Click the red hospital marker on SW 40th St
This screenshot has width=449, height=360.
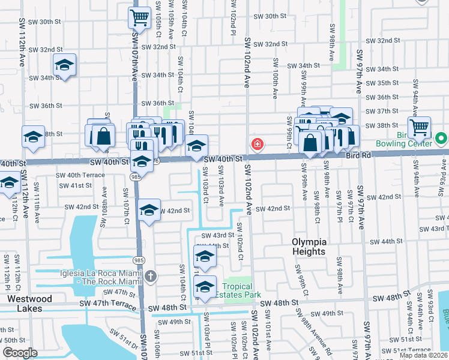[257, 144]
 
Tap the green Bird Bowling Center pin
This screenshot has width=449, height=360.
[442, 139]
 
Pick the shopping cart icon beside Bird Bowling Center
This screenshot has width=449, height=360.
[419, 127]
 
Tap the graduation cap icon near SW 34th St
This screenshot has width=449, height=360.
[64, 65]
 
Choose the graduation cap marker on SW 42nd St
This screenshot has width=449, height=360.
[149, 210]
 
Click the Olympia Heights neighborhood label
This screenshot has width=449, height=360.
[309, 247]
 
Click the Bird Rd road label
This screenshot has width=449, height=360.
[360, 155]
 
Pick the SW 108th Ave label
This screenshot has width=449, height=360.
[104, 202]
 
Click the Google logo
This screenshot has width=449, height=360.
[20, 353]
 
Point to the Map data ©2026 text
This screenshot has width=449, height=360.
[423, 355]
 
